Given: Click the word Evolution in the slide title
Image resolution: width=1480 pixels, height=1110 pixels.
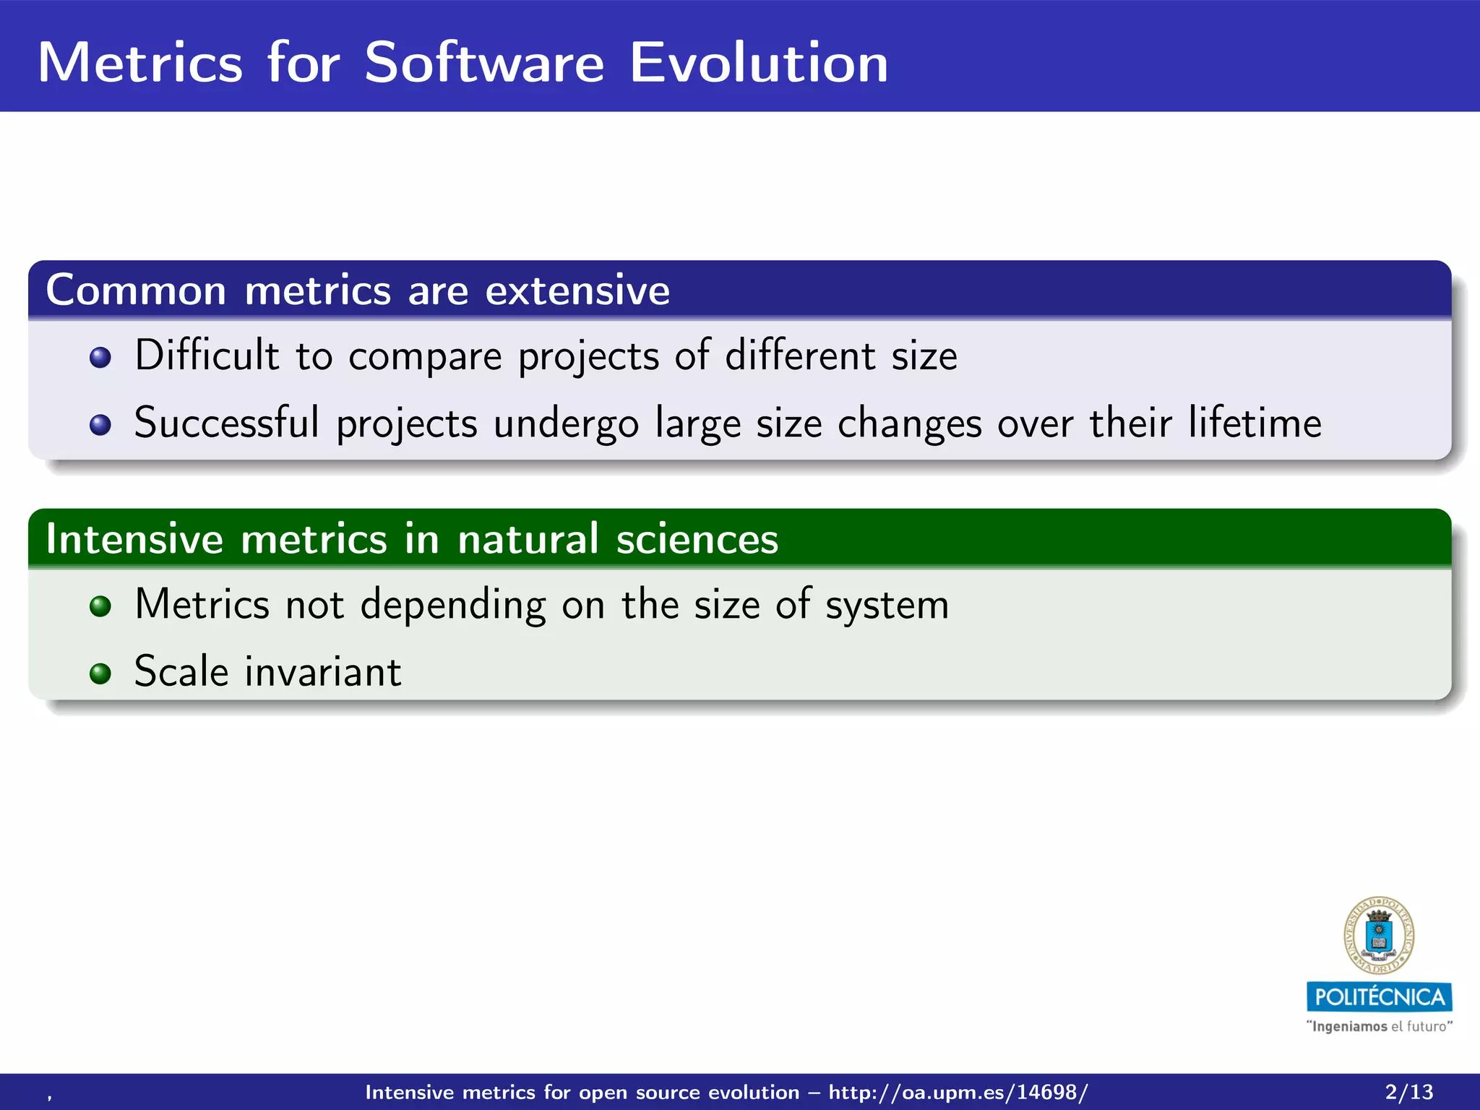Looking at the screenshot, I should click(x=758, y=63).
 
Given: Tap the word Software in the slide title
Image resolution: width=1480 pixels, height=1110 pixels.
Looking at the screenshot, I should click(x=483, y=63).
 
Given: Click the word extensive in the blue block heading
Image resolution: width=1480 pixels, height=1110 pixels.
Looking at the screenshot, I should click(x=577, y=291).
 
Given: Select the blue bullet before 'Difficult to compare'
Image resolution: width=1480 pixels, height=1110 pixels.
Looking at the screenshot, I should click(x=100, y=357).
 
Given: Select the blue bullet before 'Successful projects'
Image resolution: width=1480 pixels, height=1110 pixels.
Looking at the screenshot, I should click(x=100, y=425).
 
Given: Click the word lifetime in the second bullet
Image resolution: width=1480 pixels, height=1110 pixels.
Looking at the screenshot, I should click(x=1255, y=423).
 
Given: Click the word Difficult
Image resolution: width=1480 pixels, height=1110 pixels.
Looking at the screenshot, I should click(x=207, y=355).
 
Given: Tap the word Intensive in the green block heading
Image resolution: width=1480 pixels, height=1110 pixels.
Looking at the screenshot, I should click(x=134, y=539).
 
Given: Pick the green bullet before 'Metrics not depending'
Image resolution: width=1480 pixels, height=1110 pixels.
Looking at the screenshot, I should click(x=100, y=606).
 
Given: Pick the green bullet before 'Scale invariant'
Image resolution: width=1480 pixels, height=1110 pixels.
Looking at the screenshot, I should click(x=100, y=674).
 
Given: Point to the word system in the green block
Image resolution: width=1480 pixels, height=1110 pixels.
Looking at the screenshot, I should click(x=887, y=606).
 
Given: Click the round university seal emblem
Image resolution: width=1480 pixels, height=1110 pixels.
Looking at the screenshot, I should click(x=1379, y=936).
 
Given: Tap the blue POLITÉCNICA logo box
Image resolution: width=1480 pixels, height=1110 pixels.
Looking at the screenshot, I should click(x=1379, y=997).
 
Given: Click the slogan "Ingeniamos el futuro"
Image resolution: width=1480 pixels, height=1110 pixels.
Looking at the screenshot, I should click(x=1379, y=1026).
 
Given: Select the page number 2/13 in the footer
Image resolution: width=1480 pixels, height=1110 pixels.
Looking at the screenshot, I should click(x=1408, y=1092).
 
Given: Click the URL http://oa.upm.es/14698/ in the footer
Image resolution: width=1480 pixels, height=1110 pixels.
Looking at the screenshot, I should click(x=958, y=1092).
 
